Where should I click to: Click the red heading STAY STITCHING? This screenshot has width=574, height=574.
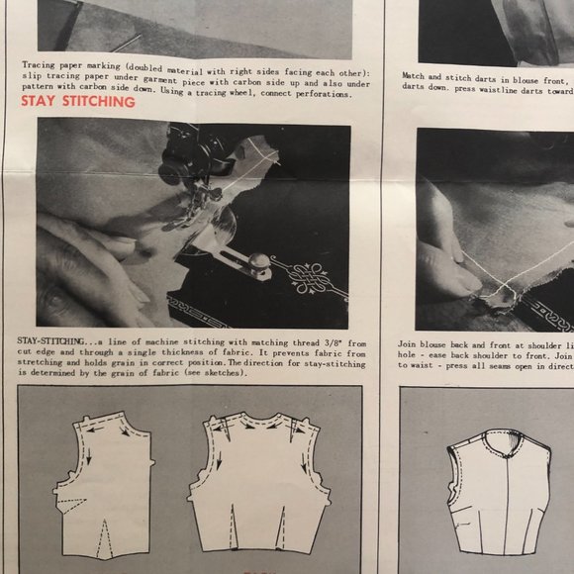[77, 101]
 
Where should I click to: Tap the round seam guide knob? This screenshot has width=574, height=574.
[259, 262]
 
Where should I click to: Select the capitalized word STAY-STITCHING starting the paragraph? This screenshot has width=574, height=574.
[52, 339]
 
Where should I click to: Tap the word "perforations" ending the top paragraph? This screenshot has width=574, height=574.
[320, 95]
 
